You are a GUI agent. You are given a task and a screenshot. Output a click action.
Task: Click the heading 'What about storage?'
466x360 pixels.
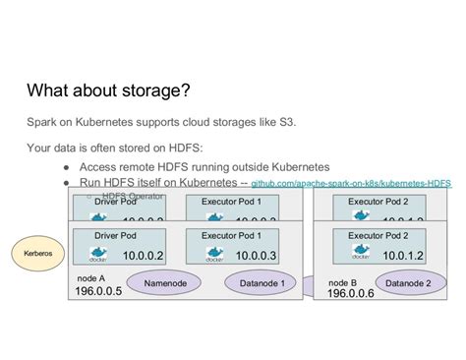(108, 91)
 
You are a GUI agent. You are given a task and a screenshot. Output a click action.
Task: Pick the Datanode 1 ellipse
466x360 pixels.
(261, 284)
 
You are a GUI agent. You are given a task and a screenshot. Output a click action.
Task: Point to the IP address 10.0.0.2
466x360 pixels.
(143, 256)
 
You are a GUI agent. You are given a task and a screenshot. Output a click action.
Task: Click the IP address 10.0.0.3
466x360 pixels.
(254, 256)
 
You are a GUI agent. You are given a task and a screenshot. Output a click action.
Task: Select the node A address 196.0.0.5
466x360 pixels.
(98, 292)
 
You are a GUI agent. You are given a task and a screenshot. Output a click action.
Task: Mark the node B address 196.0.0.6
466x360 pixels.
(350, 293)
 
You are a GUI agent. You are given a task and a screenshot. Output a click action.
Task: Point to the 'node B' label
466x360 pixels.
(341, 279)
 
